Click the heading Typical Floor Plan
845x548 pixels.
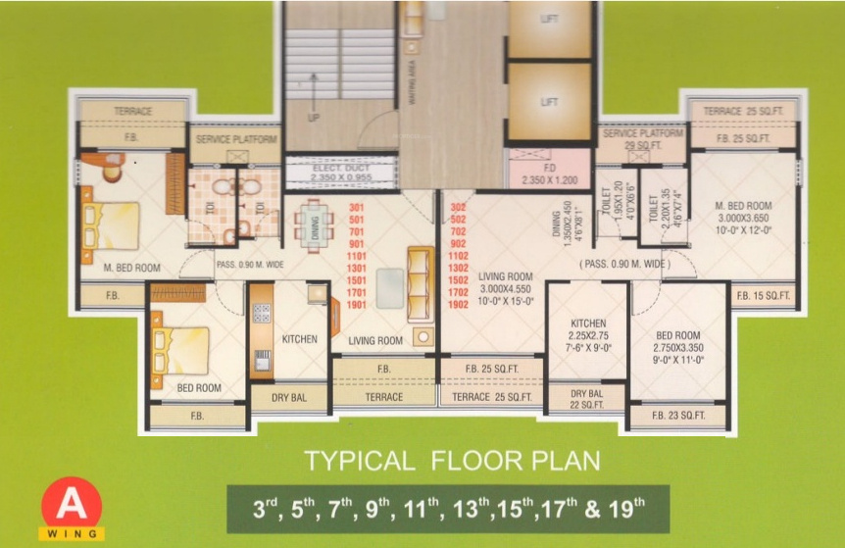coord(451,460)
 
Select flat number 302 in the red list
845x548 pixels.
coord(457,208)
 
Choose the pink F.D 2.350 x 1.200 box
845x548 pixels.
coord(549,174)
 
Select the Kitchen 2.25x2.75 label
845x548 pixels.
coord(588,334)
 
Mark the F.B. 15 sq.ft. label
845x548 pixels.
coord(763,294)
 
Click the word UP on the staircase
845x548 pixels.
coord(314,117)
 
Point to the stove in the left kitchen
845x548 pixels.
coord(262,313)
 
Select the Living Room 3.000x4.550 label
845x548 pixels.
coord(506,289)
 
